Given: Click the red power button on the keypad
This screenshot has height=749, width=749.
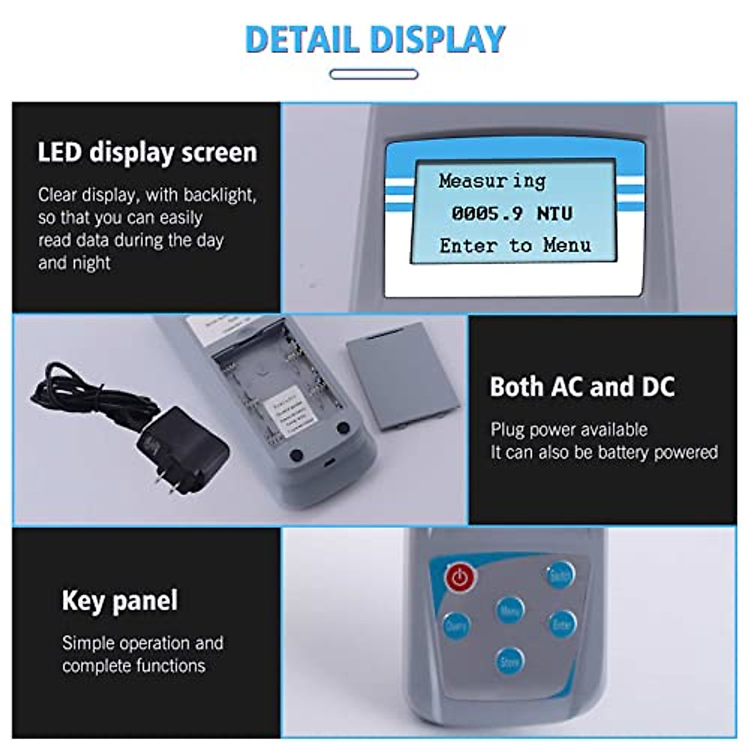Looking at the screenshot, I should point(460,577).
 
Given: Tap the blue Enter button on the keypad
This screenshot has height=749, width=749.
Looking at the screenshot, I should point(562,622).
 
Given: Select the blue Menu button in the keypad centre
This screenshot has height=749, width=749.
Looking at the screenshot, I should point(510,610).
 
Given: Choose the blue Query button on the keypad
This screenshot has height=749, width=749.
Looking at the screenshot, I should point(456,625).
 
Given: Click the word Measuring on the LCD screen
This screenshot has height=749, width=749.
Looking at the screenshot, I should point(492,181).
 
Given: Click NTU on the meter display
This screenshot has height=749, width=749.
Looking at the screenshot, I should point(554,213).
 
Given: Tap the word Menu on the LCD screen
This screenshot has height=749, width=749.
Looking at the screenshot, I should point(567,245).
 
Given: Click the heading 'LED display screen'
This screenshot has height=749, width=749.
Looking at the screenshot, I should point(147,153).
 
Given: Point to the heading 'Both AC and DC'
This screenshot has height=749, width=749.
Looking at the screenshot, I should point(582,386).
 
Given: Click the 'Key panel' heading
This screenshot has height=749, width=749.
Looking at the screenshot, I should point(120,600).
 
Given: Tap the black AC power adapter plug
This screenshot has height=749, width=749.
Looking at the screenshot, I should point(181,445).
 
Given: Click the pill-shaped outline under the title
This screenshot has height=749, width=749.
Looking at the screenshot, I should point(374,74).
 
